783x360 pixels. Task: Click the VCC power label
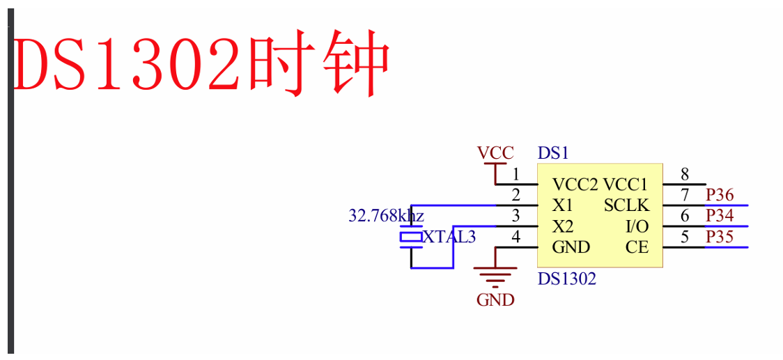click(x=495, y=152)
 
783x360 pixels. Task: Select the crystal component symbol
click(x=411, y=238)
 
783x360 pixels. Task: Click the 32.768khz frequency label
click(x=386, y=216)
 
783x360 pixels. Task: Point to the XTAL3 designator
click(x=449, y=237)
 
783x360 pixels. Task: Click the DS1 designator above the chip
click(x=553, y=152)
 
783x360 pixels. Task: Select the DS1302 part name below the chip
click(x=567, y=279)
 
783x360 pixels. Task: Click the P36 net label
click(x=720, y=195)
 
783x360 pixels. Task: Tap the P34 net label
click(x=720, y=216)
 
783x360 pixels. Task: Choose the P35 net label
click(x=720, y=237)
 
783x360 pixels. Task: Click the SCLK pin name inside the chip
click(x=626, y=205)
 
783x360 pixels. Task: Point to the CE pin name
click(x=637, y=247)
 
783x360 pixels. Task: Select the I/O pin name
click(x=637, y=227)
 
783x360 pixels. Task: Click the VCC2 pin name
click(x=575, y=185)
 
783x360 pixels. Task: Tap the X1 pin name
click(x=562, y=205)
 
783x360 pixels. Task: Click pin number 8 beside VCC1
click(x=685, y=174)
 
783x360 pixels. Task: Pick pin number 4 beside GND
click(x=516, y=237)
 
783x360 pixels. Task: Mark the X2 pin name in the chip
click(x=563, y=227)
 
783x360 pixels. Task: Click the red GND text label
click(x=495, y=300)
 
